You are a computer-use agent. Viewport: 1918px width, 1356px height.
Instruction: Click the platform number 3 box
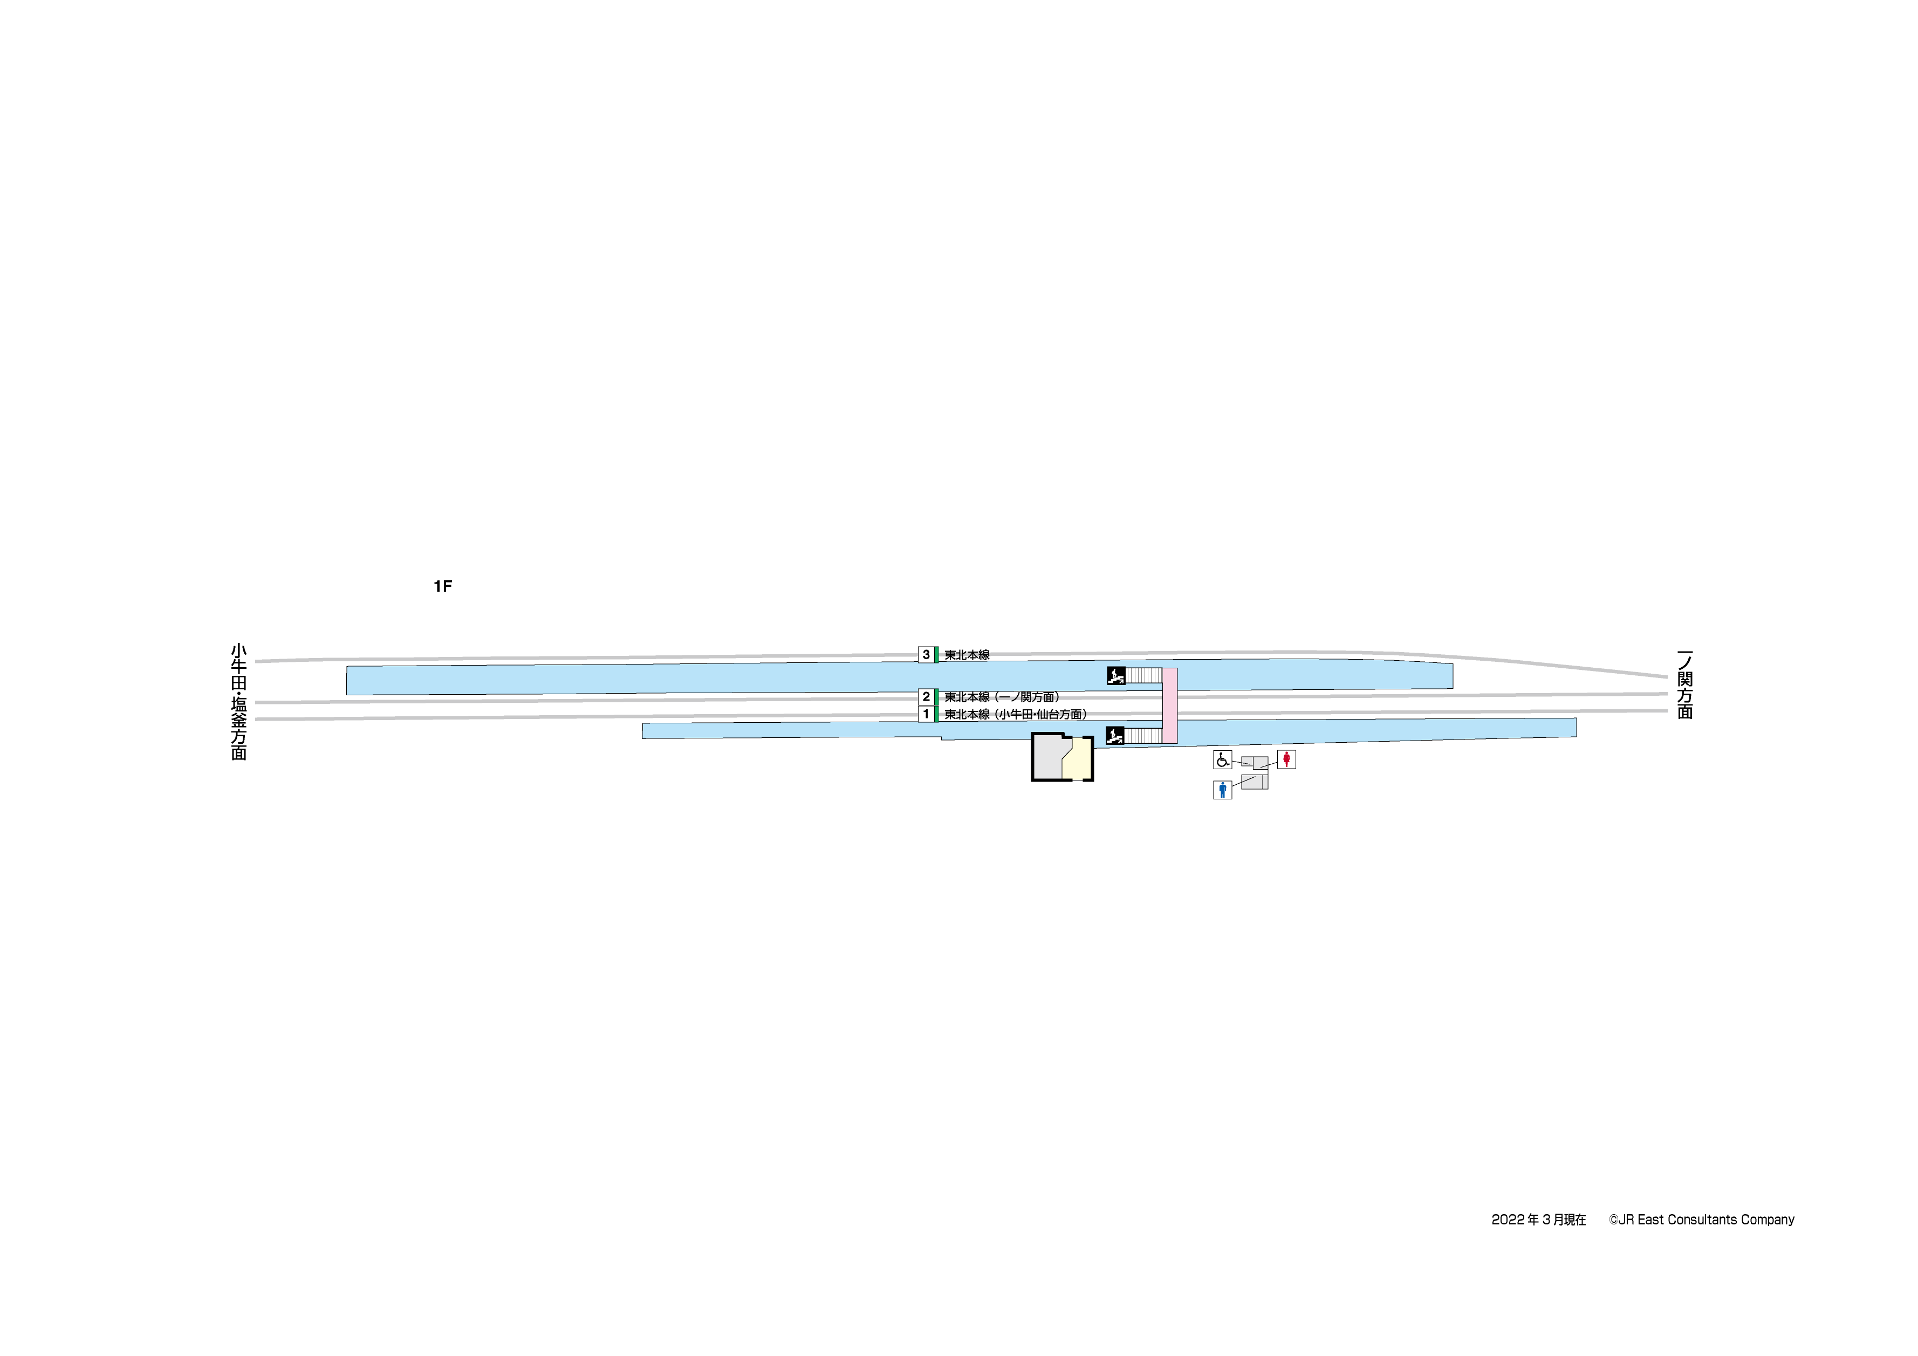pyautogui.click(x=926, y=655)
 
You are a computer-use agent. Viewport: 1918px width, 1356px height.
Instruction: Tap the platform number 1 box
pyautogui.click(x=926, y=714)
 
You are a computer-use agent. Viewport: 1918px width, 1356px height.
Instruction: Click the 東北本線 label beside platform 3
pyautogui.click(x=967, y=655)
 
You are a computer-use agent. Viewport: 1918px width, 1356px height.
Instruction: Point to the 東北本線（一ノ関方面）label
pyautogui.click(x=1002, y=697)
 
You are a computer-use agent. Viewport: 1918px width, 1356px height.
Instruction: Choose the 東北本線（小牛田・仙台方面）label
pyautogui.click(x=1016, y=714)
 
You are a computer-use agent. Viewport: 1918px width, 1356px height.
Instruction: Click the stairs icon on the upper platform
pyautogui.click(x=1115, y=675)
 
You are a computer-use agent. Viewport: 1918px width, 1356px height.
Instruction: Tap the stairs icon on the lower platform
pyautogui.click(x=1115, y=735)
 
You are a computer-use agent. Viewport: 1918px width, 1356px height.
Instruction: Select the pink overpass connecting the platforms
pyautogui.click(x=1169, y=705)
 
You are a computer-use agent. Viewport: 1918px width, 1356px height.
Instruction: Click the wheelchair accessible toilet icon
pyautogui.click(x=1222, y=759)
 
